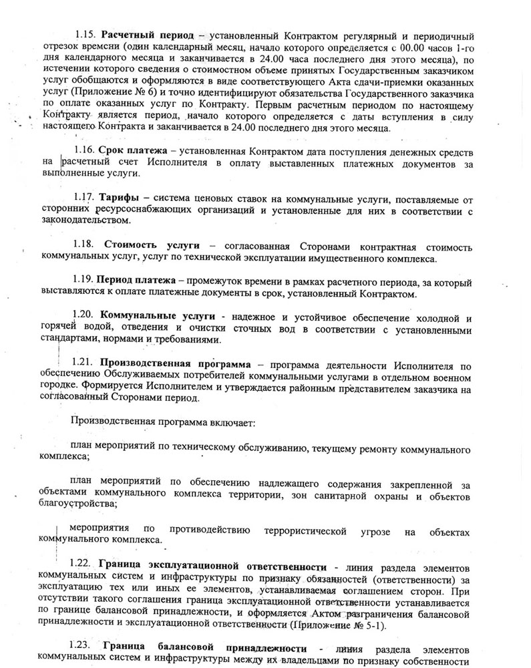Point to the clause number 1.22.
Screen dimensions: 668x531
[x=83, y=562]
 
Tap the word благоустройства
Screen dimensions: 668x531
[x=75, y=506]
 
